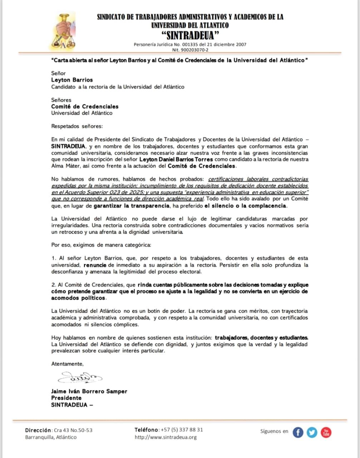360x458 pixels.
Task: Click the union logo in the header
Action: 63,31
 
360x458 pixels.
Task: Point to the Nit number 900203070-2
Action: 190,50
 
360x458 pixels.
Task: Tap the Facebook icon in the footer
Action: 298,432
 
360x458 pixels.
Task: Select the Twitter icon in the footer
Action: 312,432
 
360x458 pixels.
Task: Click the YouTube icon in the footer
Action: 326,432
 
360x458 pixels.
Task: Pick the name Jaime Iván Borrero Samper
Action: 89,391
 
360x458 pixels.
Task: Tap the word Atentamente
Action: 67,364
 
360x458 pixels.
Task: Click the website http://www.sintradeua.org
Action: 166,437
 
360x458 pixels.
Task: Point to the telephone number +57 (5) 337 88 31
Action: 182,430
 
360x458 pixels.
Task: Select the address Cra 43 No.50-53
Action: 73,430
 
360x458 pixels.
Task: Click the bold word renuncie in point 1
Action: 95,265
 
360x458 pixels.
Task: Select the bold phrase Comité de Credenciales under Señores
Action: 85,107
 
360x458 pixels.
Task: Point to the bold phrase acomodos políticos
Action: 79,298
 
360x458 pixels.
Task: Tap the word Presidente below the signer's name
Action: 66,398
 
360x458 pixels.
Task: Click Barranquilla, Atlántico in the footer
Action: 51,437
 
